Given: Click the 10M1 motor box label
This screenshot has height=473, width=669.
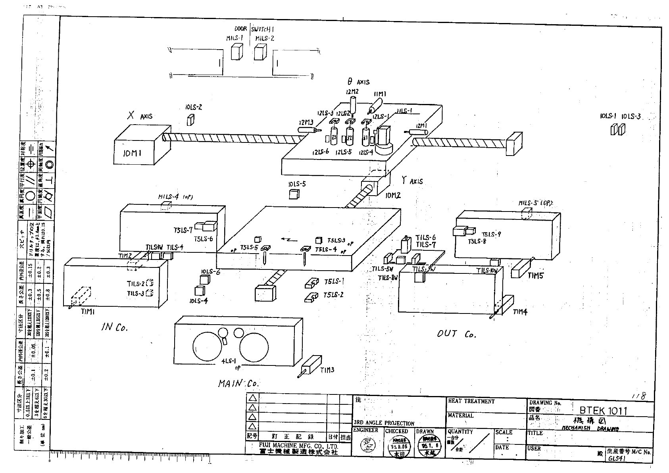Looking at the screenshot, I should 132,153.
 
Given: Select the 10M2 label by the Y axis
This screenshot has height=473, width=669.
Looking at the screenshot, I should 393,195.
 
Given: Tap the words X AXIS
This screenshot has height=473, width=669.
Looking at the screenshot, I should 140,116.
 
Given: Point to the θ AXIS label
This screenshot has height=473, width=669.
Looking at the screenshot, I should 358,82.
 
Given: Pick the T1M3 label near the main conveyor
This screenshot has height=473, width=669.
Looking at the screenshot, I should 327,370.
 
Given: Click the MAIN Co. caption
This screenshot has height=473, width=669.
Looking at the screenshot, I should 238,384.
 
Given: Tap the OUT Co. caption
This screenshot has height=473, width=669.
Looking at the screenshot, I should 456,334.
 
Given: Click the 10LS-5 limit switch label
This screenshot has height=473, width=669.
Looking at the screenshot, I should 297,184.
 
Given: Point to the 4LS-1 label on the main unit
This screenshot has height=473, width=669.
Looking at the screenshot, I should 229,361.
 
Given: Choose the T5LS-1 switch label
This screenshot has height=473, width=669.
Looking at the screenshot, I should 334,281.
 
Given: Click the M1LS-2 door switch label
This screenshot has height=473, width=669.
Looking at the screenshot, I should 264,38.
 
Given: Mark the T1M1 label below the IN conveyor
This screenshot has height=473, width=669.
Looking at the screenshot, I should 88,312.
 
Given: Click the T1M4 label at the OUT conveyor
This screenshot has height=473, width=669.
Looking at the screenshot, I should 520,312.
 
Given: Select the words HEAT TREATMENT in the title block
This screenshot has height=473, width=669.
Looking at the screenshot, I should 471,401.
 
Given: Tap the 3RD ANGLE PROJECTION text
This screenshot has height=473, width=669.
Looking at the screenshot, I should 384,423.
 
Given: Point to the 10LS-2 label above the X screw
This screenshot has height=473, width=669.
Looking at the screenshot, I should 194,107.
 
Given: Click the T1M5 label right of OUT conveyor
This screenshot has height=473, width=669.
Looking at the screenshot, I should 535,275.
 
